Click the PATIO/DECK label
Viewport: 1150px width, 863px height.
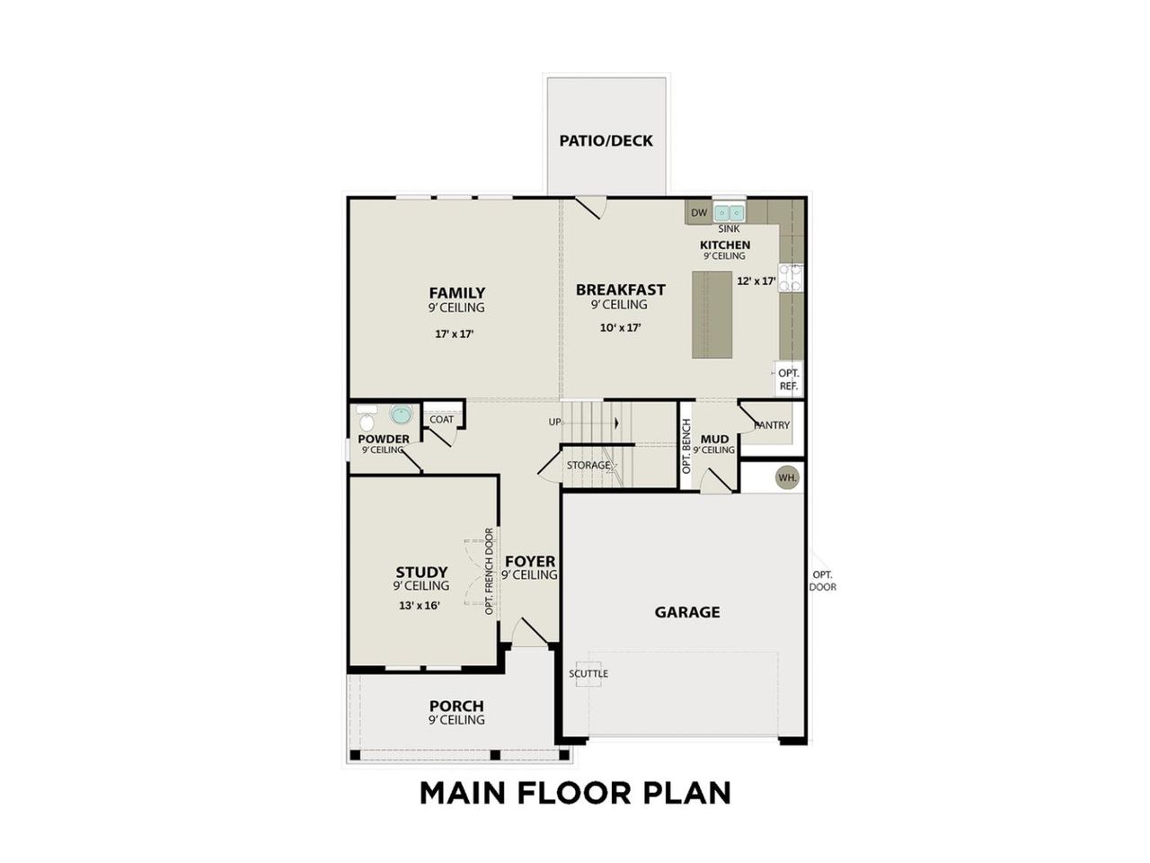coord(606,141)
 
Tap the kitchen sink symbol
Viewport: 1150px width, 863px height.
coord(729,213)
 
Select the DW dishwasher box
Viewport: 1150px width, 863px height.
coord(699,213)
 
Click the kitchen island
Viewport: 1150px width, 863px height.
coord(712,315)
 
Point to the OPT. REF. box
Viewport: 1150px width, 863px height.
coord(788,378)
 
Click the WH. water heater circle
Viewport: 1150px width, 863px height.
coord(788,477)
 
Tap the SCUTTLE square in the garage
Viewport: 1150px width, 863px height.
coord(588,673)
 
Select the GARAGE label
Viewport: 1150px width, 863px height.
coord(687,612)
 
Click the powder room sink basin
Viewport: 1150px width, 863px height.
coord(400,416)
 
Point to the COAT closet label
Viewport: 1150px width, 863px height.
coord(442,420)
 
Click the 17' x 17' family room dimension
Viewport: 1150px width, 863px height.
coord(455,334)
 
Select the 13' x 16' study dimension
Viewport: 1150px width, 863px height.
coord(420,606)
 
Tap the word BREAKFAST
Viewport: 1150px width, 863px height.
coord(621,289)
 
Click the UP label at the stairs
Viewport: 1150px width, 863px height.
coord(555,422)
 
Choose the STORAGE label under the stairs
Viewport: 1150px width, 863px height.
coord(588,466)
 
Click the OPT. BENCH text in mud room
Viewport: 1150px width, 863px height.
coord(686,447)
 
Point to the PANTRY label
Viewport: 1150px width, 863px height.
coord(772,425)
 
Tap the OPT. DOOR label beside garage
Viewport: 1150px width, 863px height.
coord(822,581)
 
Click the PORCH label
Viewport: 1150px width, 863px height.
coord(456,707)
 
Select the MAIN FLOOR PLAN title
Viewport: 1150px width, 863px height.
coord(575,793)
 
